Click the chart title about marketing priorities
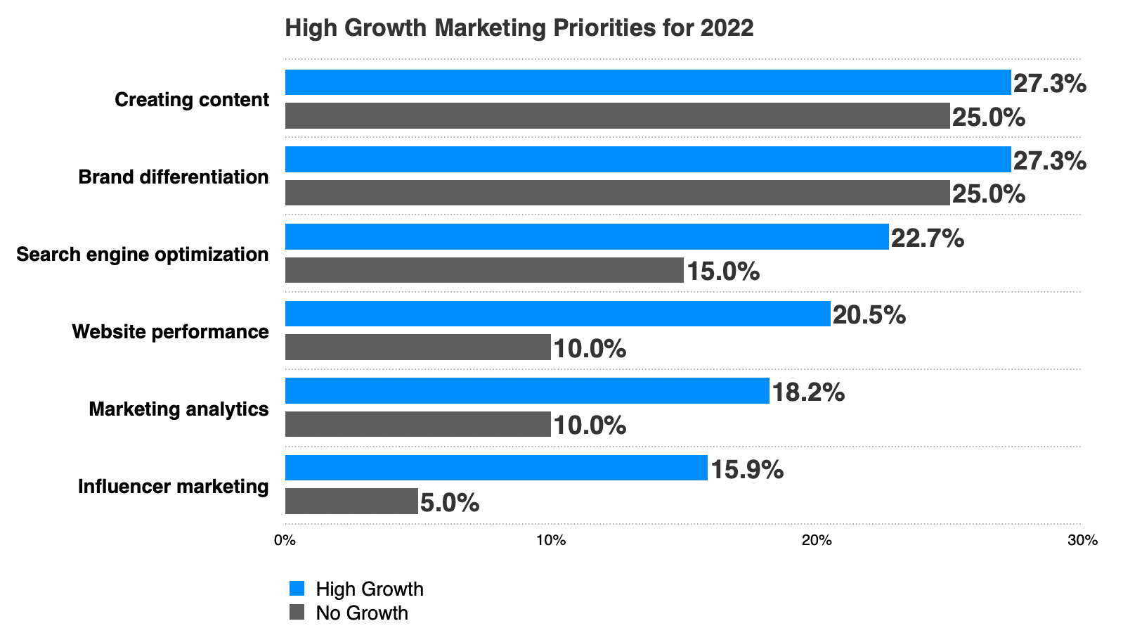[519, 28]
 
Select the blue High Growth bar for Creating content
[647, 82]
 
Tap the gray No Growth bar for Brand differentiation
[617, 193]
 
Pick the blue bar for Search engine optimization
[586, 236]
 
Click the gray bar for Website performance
[417, 347]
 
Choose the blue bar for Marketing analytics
[527, 390]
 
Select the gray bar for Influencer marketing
[351, 501]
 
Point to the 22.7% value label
[927, 238]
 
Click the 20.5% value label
[869, 315]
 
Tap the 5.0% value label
[450, 503]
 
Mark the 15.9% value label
[747, 469]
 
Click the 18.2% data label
[808, 392]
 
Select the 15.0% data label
[722, 271]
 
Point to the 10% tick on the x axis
[551, 540]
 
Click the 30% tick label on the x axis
[1082, 540]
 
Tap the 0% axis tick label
[285, 540]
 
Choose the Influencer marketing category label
[173, 486]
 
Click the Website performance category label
[170, 331]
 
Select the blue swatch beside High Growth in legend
[297, 589]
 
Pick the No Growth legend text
[362, 613]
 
